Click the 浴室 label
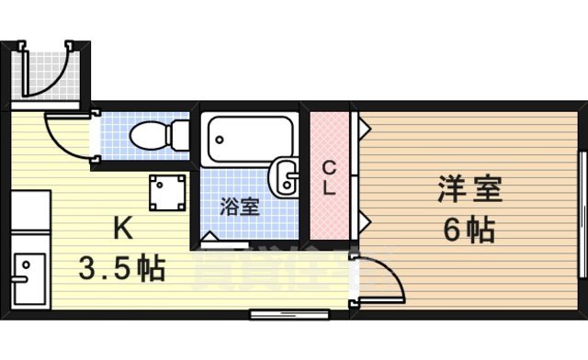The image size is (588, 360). (x=240, y=206)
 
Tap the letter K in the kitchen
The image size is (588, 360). (x=121, y=226)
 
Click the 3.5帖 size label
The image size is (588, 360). (x=121, y=268)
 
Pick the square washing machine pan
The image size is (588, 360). (x=166, y=191)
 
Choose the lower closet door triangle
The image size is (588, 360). (x=363, y=220)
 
